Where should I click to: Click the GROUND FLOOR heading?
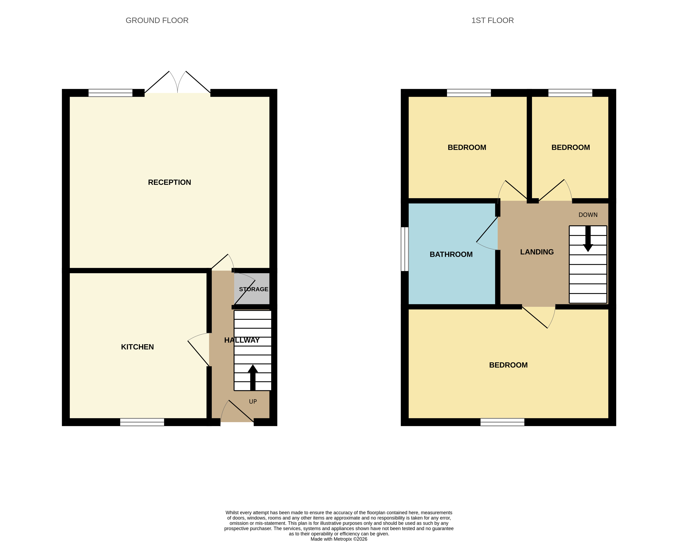pyautogui.click(x=157, y=20)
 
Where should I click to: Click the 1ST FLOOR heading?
pyautogui.click(x=492, y=20)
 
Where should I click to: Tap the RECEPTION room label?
pyautogui.click(x=170, y=182)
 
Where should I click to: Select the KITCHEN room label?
pyautogui.click(x=137, y=347)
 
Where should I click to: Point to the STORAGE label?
pyautogui.click(x=253, y=289)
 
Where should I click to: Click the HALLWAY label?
pyautogui.click(x=242, y=340)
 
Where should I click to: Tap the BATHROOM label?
pyautogui.click(x=451, y=254)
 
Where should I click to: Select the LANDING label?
pyautogui.click(x=537, y=252)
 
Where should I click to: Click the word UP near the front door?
pyautogui.click(x=253, y=401)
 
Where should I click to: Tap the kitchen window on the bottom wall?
pyautogui.click(x=142, y=422)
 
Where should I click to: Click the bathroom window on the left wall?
pyautogui.click(x=405, y=249)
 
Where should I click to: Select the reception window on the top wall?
pyautogui.click(x=110, y=93)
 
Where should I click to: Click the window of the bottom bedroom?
pyautogui.click(x=502, y=422)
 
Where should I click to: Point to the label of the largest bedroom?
pyautogui.click(x=508, y=365)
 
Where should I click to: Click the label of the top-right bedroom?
pyautogui.click(x=571, y=147)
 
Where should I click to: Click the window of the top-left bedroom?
pyautogui.click(x=469, y=93)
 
